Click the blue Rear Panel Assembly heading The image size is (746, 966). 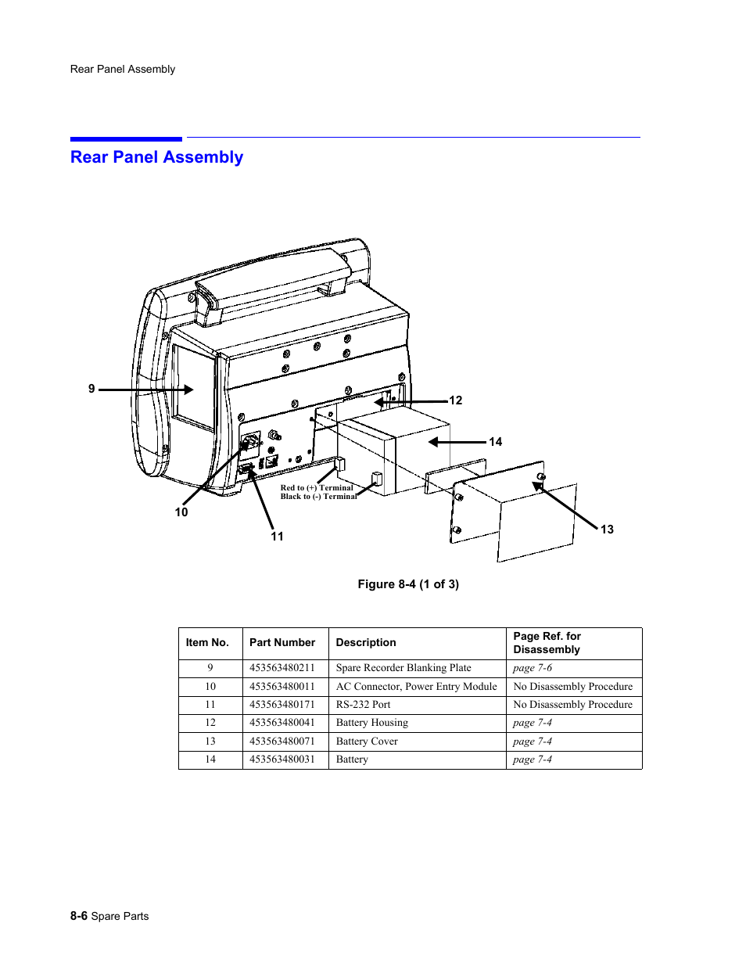pos(156,157)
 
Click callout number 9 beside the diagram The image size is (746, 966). pos(91,389)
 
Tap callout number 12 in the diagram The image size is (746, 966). pos(455,400)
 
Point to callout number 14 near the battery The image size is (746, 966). pos(495,442)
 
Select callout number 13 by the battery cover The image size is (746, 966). pos(607,530)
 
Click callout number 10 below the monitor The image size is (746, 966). pos(181,512)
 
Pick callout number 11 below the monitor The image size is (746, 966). pos(277,537)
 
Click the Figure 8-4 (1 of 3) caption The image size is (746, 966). pos(408,584)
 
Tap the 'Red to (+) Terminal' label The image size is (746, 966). pos(317,487)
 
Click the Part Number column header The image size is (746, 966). pos(282,643)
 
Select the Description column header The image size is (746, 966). pos(366,643)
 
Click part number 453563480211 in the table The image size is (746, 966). pos(282,668)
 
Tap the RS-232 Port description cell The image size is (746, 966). pos(364,705)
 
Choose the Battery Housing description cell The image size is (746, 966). pos(372,723)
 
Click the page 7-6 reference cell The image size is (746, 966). pos(533,668)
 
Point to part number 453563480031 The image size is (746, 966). pos(282,760)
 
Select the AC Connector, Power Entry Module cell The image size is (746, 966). pos(416,687)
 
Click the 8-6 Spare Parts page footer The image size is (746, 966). pos(109,916)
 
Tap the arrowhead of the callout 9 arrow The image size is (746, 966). pos(188,389)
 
